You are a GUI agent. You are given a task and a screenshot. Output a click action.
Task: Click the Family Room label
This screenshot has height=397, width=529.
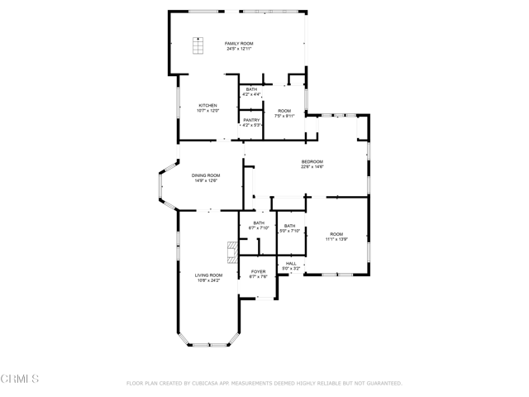[240, 43]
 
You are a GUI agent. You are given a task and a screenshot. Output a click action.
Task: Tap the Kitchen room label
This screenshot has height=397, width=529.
[207, 105]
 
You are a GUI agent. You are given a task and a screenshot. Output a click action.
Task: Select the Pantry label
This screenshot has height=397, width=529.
[251, 120]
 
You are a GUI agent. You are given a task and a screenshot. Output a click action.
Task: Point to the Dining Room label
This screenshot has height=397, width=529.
[206, 175]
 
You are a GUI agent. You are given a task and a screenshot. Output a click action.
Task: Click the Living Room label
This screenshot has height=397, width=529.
[208, 275]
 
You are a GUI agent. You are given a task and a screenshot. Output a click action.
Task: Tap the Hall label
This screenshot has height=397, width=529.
[291, 264]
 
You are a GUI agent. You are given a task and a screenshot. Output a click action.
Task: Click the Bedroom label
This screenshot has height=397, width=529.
[312, 161]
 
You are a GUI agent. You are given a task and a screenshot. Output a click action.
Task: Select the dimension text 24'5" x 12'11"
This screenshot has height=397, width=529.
[240, 49]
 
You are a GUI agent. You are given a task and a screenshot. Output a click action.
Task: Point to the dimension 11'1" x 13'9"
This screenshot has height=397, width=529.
[336, 240]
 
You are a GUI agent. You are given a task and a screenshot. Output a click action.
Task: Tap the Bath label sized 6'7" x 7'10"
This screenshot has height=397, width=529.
[259, 222]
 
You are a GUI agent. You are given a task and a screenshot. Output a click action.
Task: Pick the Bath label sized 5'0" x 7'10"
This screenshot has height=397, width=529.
[290, 226]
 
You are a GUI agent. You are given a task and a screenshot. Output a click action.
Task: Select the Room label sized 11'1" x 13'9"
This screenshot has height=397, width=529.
[336, 234]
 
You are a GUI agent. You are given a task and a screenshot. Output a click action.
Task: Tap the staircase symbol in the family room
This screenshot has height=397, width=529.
[199, 46]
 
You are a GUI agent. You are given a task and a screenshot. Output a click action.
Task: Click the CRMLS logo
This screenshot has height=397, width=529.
[20, 380]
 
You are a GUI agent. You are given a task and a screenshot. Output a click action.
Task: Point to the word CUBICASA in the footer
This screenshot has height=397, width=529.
[211, 384]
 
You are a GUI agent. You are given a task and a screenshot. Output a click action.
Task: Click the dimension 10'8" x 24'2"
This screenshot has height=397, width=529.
[208, 280]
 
